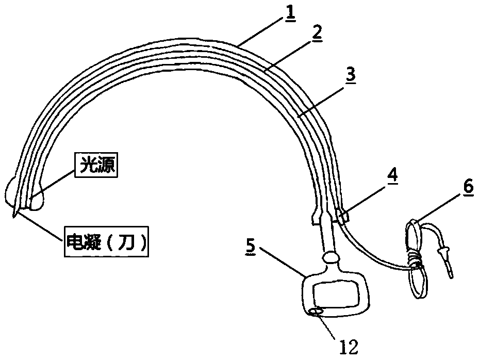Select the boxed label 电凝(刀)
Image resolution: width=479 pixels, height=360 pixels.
(106, 241)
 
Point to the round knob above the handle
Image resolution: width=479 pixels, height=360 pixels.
(330, 257)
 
